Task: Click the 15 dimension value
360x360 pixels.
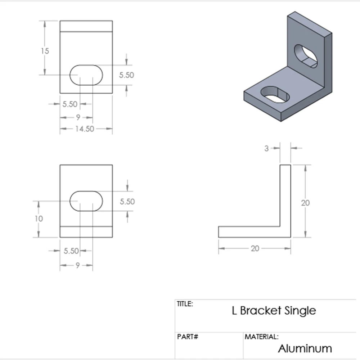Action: (x=45, y=51)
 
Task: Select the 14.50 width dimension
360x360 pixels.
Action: (x=85, y=129)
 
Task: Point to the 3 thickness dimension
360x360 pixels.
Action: (x=266, y=148)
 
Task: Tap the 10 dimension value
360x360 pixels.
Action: (x=39, y=219)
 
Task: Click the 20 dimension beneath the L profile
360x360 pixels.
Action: (x=255, y=248)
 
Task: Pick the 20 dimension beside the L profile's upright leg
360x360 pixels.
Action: (x=305, y=203)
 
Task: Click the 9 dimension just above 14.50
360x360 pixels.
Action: (x=78, y=117)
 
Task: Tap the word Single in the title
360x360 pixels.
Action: (x=300, y=310)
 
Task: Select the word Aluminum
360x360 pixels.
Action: (x=305, y=348)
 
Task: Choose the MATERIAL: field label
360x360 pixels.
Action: (x=262, y=337)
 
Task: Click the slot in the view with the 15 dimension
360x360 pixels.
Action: (x=86, y=75)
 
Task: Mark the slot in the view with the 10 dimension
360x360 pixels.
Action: (x=86, y=201)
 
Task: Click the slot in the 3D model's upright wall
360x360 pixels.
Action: (x=306, y=56)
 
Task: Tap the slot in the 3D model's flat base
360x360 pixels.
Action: (x=275, y=94)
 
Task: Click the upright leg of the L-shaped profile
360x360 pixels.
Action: (x=285, y=194)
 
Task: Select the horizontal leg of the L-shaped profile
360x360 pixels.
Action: (x=248, y=232)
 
